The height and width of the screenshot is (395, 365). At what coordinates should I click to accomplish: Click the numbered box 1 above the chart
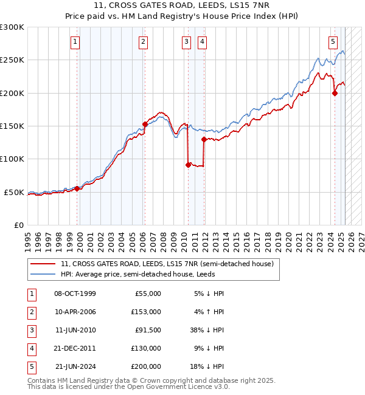[x=74, y=42]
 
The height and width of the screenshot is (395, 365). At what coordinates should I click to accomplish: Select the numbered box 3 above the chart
[x=186, y=42]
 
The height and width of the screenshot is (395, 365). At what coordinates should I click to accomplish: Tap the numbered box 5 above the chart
[x=333, y=42]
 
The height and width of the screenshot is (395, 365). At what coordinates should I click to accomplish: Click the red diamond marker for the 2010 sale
[x=188, y=165]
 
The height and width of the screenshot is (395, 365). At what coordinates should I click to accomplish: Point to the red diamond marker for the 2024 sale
[x=335, y=93]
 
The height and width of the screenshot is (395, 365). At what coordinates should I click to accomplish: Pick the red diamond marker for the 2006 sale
[x=145, y=124]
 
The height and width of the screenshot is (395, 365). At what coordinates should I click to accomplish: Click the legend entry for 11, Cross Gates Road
[x=167, y=264]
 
